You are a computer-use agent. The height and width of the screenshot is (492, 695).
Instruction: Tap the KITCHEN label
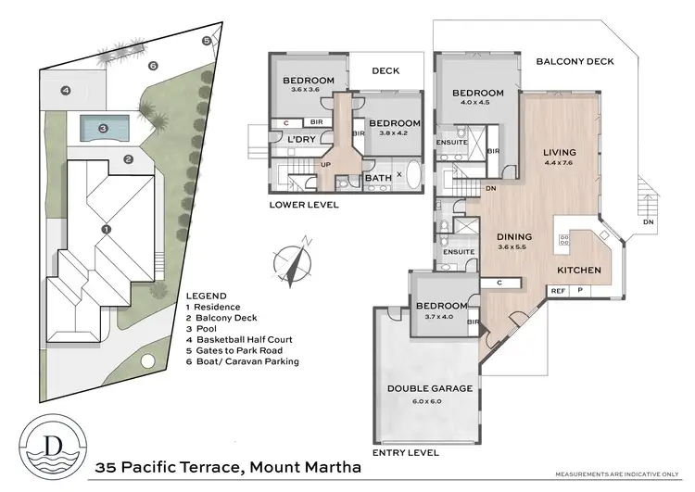[x=579, y=270]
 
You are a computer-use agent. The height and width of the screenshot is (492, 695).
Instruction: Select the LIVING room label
[x=560, y=152]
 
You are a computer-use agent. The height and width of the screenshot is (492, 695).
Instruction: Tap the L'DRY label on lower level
[x=302, y=139]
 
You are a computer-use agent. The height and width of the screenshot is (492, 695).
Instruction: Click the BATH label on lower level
[x=377, y=178]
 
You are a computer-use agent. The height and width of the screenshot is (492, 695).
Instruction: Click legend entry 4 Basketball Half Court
[x=240, y=339]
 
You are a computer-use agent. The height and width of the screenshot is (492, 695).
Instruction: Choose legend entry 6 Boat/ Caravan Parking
[x=243, y=361]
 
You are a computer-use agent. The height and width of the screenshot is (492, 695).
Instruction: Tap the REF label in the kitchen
[x=558, y=291]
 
